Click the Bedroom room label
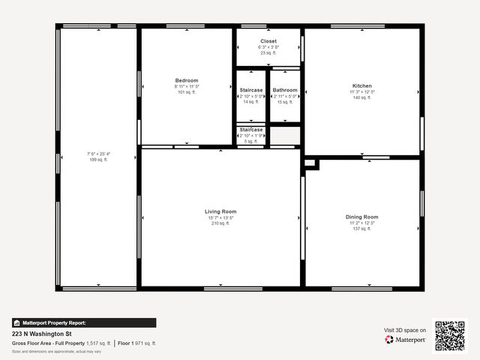pyautogui.click(x=187, y=80)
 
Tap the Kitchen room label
pyautogui.click(x=361, y=86)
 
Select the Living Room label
pyautogui.click(x=220, y=211)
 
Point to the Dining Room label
pyautogui.click(x=361, y=217)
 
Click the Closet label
pyautogui.click(x=268, y=40)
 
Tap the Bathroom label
pyautogui.click(x=285, y=90)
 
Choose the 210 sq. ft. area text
pyautogui.click(x=220, y=223)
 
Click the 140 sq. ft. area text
pyautogui.click(x=361, y=98)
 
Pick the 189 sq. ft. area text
pyautogui.click(x=98, y=160)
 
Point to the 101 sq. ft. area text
pyautogui.click(x=187, y=92)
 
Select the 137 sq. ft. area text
pyautogui.click(x=361, y=229)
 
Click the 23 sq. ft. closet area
pyautogui.click(x=268, y=52)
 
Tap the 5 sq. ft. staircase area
pyautogui.click(x=251, y=141)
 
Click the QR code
pyautogui.click(x=450, y=335)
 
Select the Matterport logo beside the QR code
pyautogui.click(x=406, y=340)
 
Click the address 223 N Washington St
pyautogui.click(x=42, y=334)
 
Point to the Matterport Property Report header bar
pyautogui.click(x=84, y=322)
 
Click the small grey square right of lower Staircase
pyautogui.click(x=285, y=136)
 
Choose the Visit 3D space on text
pyautogui.click(x=405, y=330)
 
